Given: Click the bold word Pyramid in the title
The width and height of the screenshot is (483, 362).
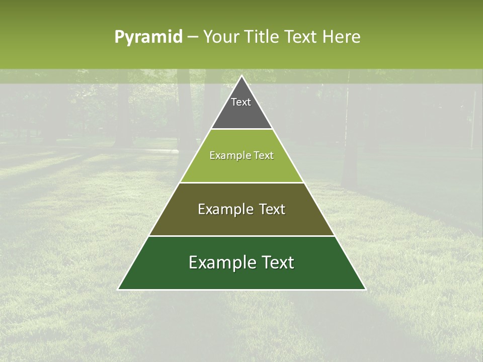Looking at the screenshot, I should pyautogui.click(x=148, y=37).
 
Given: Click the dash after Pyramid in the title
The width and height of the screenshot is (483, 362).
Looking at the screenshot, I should pyautogui.click(x=193, y=37).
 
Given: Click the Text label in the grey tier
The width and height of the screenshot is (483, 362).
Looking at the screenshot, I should pyautogui.click(x=241, y=102).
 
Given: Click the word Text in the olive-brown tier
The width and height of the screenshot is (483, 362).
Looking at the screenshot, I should pyautogui.click(x=272, y=209).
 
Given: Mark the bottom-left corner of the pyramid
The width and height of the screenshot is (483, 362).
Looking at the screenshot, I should pyautogui.click(x=119, y=289).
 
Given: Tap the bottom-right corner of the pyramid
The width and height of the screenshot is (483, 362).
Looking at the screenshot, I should pyautogui.click(x=365, y=289).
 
